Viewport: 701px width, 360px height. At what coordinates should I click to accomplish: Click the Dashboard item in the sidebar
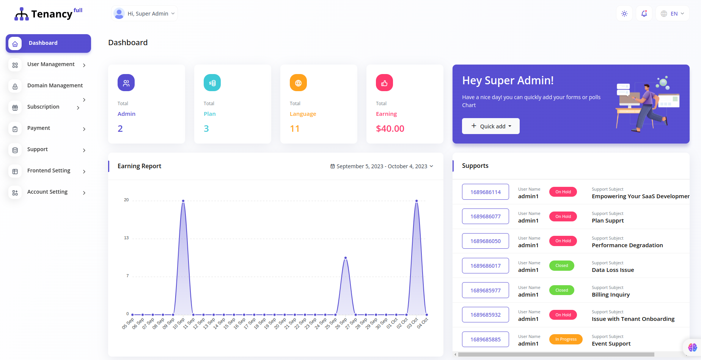(x=48, y=43)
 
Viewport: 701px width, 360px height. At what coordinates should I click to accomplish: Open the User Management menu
(x=51, y=65)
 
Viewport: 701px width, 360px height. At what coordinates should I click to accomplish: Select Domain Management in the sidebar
(x=55, y=86)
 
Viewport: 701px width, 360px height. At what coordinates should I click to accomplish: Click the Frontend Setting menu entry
(x=49, y=171)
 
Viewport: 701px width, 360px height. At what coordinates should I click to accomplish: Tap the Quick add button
(x=490, y=126)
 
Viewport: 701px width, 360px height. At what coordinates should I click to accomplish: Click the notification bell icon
(x=644, y=14)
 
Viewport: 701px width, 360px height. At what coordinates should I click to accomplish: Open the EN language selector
(x=673, y=14)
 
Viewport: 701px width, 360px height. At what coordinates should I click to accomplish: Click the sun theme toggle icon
(x=624, y=14)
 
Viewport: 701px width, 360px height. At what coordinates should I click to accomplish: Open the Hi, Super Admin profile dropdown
(x=145, y=14)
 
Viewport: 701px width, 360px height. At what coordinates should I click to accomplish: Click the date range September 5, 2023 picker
(x=382, y=166)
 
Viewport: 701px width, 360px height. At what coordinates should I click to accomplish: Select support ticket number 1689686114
(x=485, y=192)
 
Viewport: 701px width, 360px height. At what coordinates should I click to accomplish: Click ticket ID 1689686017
(x=485, y=266)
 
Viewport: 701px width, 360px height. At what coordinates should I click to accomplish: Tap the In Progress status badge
(x=566, y=339)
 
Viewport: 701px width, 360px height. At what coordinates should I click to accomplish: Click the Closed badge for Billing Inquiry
(x=561, y=291)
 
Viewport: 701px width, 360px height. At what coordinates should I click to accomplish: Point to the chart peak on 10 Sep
(x=183, y=201)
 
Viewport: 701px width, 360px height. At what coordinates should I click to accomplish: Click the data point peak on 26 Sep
(x=345, y=258)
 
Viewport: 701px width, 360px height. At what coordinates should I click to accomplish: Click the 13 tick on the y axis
(x=126, y=238)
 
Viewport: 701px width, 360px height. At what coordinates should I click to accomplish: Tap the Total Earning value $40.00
(x=390, y=129)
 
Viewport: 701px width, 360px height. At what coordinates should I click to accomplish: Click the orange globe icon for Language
(x=298, y=83)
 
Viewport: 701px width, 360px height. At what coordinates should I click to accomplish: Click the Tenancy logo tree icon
(x=22, y=14)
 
